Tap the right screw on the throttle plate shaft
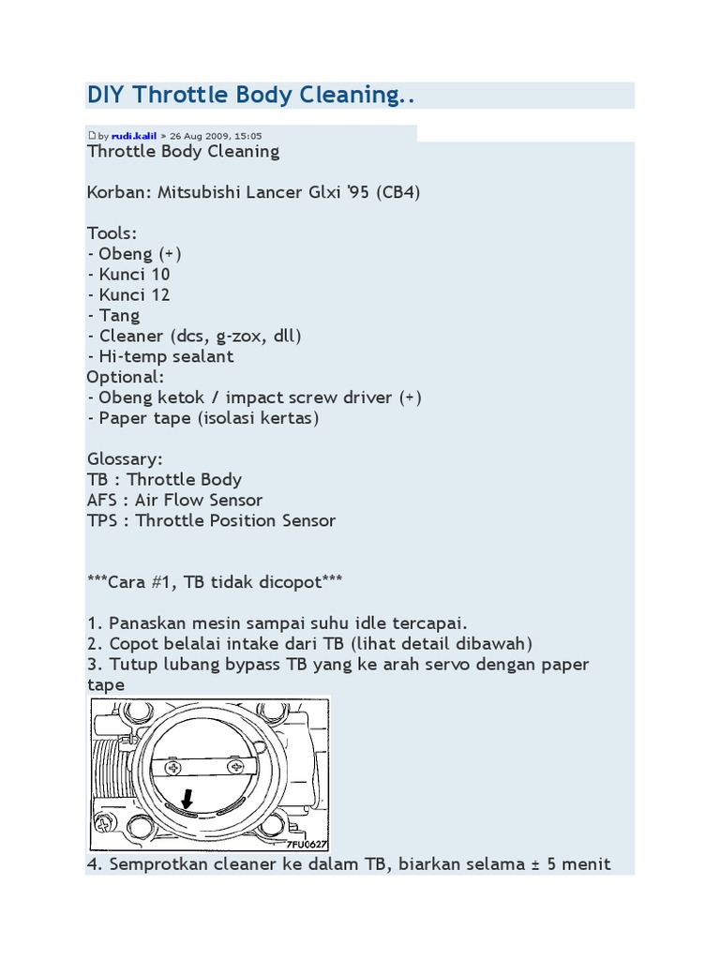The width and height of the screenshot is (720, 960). click(x=233, y=767)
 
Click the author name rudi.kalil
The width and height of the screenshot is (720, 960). click(x=134, y=136)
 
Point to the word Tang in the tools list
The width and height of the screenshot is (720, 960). click(x=119, y=316)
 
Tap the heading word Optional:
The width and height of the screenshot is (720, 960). click(x=125, y=377)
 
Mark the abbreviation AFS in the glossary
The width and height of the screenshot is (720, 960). click(x=103, y=501)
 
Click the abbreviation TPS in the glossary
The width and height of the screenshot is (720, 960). click(x=102, y=521)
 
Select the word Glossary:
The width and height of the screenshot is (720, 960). click(x=125, y=459)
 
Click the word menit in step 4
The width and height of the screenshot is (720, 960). click(x=584, y=863)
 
